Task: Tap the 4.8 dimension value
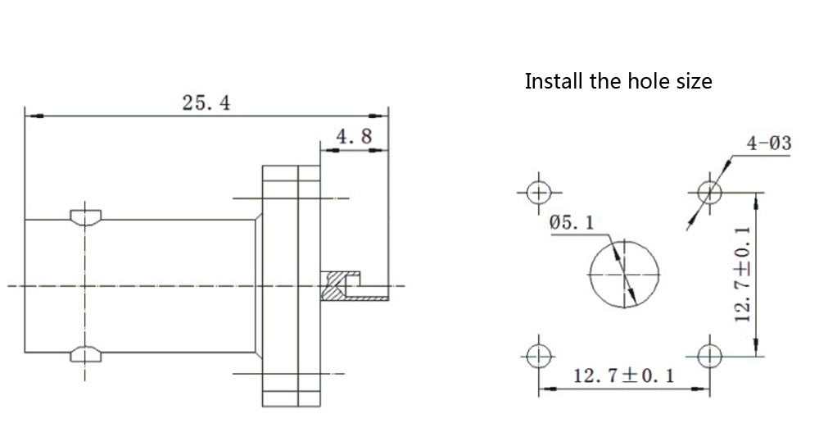[x=355, y=136]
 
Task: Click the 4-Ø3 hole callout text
[x=768, y=144]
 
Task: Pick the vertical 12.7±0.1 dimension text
[x=743, y=275]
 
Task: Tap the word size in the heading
[x=691, y=82]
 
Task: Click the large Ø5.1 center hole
[x=625, y=273]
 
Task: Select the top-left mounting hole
[x=539, y=194]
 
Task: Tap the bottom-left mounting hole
[x=539, y=355]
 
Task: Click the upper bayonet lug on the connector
[x=85, y=216]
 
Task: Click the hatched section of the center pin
[x=334, y=289]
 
